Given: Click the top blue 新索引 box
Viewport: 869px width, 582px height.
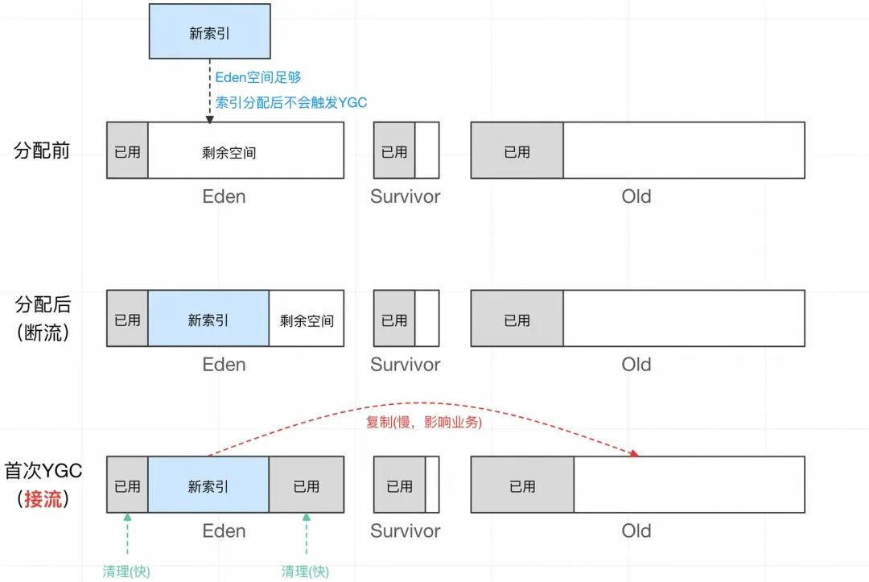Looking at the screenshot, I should [x=209, y=30].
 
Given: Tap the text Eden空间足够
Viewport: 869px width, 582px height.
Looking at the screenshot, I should [x=258, y=78].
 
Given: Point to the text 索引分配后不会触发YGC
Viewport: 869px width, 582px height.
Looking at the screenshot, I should [x=291, y=102].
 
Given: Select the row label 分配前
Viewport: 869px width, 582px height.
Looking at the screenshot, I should [x=43, y=151].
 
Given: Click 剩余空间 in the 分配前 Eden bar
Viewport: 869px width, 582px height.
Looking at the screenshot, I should [x=229, y=151].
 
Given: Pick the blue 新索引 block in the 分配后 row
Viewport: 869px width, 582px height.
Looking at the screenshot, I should [x=208, y=320].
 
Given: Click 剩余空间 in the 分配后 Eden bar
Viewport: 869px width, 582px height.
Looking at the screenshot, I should [x=307, y=320].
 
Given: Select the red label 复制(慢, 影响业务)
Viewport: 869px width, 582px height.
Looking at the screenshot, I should [x=424, y=422].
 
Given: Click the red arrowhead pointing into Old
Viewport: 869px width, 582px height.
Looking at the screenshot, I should [x=634, y=453].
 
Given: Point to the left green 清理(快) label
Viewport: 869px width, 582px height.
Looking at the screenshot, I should [x=127, y=572].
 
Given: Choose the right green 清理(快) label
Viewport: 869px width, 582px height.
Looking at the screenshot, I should [x=306, y=572].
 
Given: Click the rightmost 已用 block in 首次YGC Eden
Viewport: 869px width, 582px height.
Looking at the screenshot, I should [x=307, y=486].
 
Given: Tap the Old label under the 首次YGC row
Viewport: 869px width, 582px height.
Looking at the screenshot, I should [x=636, y=531].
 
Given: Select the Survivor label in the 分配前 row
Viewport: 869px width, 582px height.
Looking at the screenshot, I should [x=406, y=196].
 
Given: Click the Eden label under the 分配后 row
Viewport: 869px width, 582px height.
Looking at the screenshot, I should [x=224, y=365].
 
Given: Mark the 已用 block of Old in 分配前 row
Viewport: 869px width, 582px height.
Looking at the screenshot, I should [x=517, y=151].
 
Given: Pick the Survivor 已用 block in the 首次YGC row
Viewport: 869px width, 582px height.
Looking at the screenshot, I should [x=399, y=486].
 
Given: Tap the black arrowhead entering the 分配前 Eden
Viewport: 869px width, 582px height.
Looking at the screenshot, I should [x=209, y=119].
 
